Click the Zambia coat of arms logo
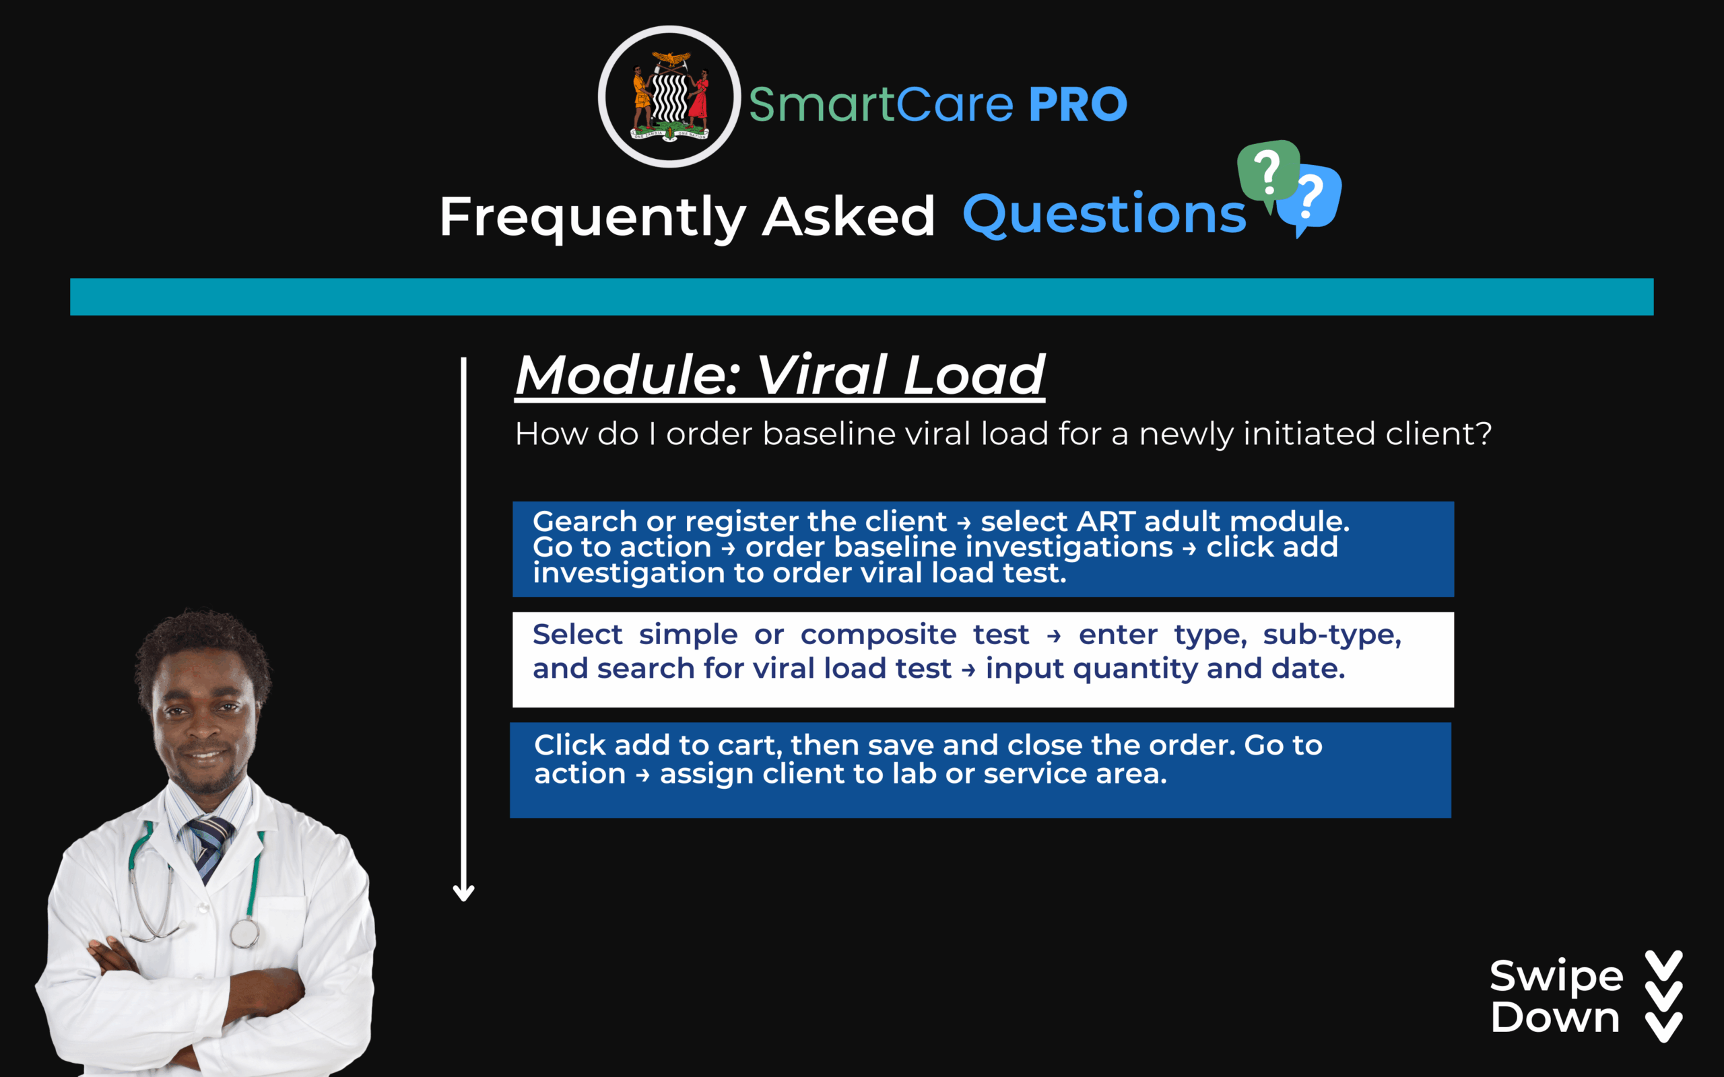tap(669, 97)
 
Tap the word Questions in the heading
tap(1104, 215)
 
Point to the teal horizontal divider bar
tap(862, 296)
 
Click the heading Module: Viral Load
tap(780, 376)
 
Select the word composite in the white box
tap(878, 635)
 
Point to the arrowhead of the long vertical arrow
tap(464, 893)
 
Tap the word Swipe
tap(1556, 977)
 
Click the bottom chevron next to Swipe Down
tap(1664, 1027)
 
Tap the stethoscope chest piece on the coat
tap(244, 932)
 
